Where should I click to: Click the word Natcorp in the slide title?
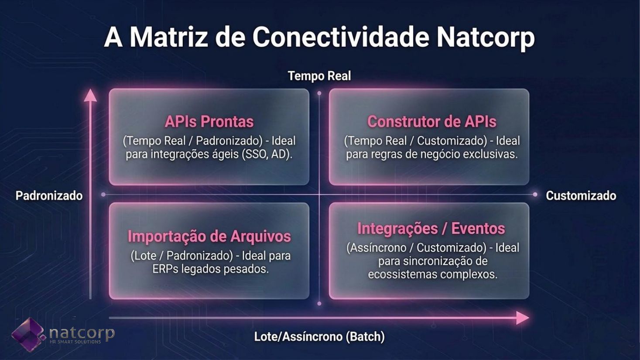pyautogui.click(x=486, y=38)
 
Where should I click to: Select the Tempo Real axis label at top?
pyautogui.click(x=319, y=76)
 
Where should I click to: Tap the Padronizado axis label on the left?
pyautogui.click(x=49, y=196)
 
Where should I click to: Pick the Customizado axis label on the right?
pyautogui.click(x=581, y=196)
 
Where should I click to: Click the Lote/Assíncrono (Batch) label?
pyautogui.click(x=319, y=336)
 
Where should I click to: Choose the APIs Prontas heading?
pyautogui.click(x=209, y=121)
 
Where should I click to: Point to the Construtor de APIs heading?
pyautogui.click(x=431, y=121)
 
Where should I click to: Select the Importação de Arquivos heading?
pyautogui.click(x=209, y=237)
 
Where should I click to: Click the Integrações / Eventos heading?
pyautogui.click(x=431, y=229)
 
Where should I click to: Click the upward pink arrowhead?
pyautogui.click(x=90, y=96)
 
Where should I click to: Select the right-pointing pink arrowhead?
pyautogui.click(x=522, y=318)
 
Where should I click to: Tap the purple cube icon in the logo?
pyautogui.click(x=28, y=334)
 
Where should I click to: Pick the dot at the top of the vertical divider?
pyautogui.click(x=319, y=93)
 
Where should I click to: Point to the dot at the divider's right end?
pyautogui.click(x=535, y=195)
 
